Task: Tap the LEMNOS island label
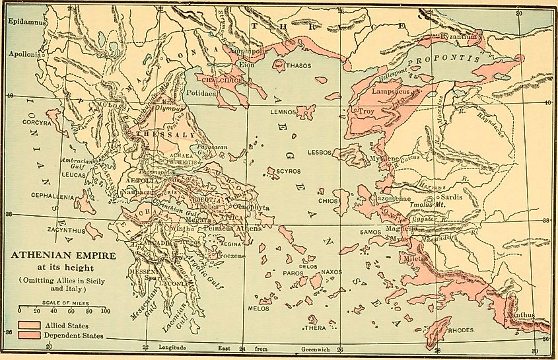tap(285, 112)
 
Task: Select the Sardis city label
tap(452, 196)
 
